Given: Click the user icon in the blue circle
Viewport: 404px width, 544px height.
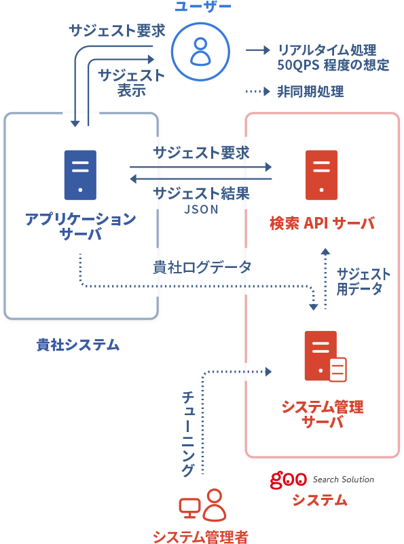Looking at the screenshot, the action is point(200,52).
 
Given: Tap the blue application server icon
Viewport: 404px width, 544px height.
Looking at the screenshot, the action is point(80,175).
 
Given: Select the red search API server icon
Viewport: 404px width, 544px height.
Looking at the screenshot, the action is point(321,175).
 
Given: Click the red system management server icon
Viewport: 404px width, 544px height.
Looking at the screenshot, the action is point(325,356).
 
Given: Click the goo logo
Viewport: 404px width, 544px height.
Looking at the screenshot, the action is point(289,480).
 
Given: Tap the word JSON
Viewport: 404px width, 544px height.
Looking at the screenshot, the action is point(201,210).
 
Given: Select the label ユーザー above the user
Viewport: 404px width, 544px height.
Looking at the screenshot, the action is point(203,6).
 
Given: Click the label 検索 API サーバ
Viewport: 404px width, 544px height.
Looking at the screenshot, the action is point(323,223).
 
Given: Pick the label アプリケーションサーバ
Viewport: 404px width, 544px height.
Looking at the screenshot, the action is point(81,226).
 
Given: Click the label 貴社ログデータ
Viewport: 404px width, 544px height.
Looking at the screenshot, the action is point(202,267).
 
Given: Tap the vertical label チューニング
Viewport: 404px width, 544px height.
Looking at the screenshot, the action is point(188,433).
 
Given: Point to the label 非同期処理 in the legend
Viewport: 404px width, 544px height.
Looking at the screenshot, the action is point(310,92).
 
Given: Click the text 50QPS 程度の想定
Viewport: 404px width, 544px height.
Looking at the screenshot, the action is point(333,65).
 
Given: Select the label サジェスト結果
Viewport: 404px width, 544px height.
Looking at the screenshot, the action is point(202,193).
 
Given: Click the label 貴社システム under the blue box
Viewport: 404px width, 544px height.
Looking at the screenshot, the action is point(78,345).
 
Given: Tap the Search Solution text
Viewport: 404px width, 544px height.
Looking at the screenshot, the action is point(344,480).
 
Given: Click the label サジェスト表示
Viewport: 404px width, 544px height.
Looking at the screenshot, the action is point(131,83).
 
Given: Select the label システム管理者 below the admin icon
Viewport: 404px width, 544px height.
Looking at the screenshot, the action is point(201,537).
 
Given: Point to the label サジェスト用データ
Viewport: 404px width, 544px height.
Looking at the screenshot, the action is point(363,281).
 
